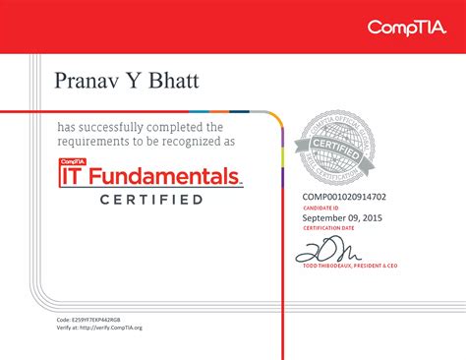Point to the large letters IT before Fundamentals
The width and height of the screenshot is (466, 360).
click(73, 177)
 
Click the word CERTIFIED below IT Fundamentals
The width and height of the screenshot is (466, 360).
click(151, 200)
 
